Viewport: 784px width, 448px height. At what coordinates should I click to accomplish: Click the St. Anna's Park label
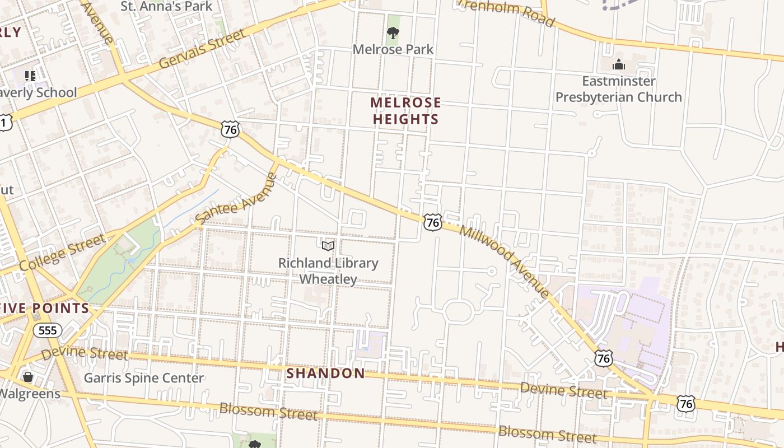[167, 6]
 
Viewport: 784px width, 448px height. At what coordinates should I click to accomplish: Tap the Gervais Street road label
[202, 49]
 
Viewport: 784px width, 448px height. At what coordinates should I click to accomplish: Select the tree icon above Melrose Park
[393, 32]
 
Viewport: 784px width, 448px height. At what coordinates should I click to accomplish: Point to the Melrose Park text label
[393, 49]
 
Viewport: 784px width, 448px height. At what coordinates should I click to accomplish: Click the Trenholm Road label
[507, 12]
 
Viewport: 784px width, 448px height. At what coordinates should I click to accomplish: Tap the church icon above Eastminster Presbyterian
[618, 64]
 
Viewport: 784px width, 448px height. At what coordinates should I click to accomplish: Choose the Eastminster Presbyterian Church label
[618, 89]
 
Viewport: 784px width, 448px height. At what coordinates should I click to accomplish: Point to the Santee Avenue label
[236, 199]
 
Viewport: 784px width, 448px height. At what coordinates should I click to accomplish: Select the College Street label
[62, 253]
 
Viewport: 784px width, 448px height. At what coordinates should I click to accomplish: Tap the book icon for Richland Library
[328, 246]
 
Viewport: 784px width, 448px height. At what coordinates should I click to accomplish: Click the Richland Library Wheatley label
[328, 271]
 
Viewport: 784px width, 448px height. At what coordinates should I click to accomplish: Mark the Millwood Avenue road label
[504, 260]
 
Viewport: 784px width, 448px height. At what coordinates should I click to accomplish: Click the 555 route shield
[48, 330]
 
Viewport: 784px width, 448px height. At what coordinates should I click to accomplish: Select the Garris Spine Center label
[144, 378]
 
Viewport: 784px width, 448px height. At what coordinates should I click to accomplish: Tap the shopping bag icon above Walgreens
[28, 377]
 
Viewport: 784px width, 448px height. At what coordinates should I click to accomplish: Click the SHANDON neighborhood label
[325, 373]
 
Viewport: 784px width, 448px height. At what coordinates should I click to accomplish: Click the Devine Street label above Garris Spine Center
[84, 353]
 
